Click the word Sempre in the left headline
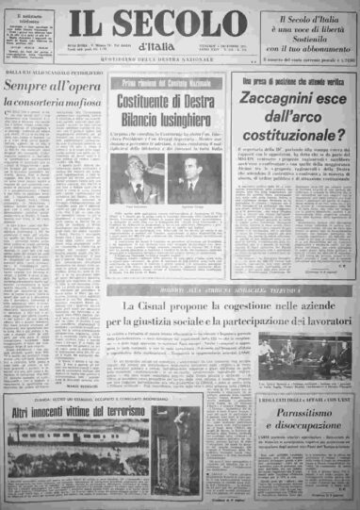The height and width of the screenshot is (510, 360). pyautogui.click(x=27, y=90)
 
